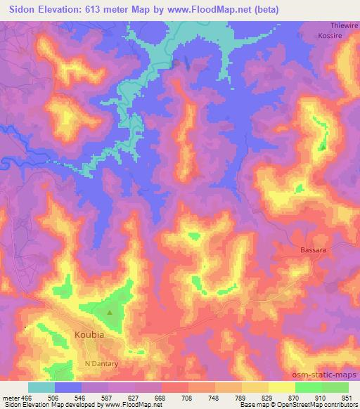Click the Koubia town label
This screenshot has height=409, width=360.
89,335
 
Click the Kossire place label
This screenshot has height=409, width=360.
329,34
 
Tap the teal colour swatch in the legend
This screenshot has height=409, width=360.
41,387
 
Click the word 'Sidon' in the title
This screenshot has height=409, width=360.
22,9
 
